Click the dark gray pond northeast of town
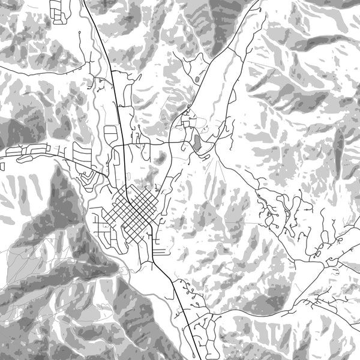196,143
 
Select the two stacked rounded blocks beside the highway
111,134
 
